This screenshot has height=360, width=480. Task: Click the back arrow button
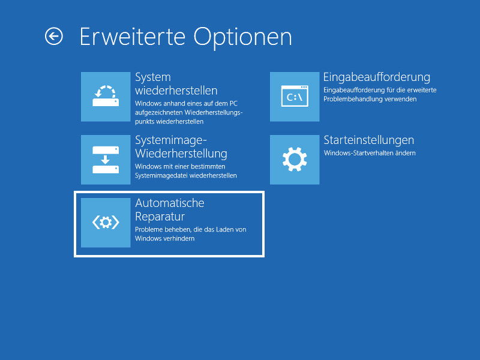coord(54,37)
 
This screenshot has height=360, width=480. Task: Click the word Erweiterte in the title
coord(133,37)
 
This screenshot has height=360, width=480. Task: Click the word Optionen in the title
coord(242,38)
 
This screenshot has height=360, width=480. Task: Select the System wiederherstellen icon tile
coord(106,97)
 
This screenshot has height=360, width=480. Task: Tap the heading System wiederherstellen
coord(176,84)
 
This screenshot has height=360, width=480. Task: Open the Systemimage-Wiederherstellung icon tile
coord(106,160)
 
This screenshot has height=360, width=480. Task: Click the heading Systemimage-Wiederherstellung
coord(181,147)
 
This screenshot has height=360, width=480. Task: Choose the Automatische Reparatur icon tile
coord(106,223)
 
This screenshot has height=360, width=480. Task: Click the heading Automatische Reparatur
coord(170,209)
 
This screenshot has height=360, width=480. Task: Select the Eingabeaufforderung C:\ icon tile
coord(295,97)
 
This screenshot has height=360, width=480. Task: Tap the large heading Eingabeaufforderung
coord(377,77)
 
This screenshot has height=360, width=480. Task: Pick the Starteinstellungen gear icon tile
coord(295,160)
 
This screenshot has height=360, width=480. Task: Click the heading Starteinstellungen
coord(369,140)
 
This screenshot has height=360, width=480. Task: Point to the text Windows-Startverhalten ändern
coord(370,153)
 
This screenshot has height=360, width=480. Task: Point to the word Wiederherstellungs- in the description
coord(214,113)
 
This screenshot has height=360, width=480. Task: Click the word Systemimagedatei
coord(161,176)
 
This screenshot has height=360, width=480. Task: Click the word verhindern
coord(179,238)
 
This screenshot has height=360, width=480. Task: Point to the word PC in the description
coord(233,104)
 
